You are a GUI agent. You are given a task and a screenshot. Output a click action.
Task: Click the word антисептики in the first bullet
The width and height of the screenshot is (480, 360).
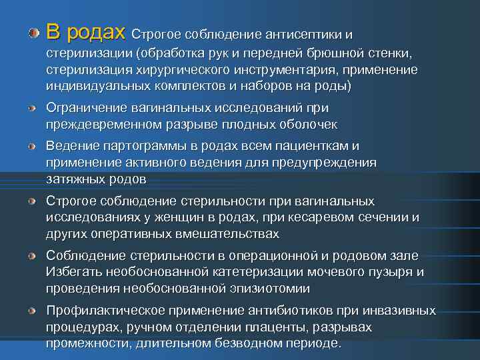coord(304,33)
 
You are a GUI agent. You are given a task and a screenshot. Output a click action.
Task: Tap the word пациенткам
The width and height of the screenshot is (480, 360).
coord(313,146)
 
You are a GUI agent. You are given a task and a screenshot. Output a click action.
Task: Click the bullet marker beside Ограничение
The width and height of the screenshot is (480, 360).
coord(33,108)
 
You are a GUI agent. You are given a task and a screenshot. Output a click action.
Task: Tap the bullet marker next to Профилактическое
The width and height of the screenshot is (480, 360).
coord(33,311)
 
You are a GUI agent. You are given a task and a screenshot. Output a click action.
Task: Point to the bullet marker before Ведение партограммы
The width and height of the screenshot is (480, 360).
coord(33,146)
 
